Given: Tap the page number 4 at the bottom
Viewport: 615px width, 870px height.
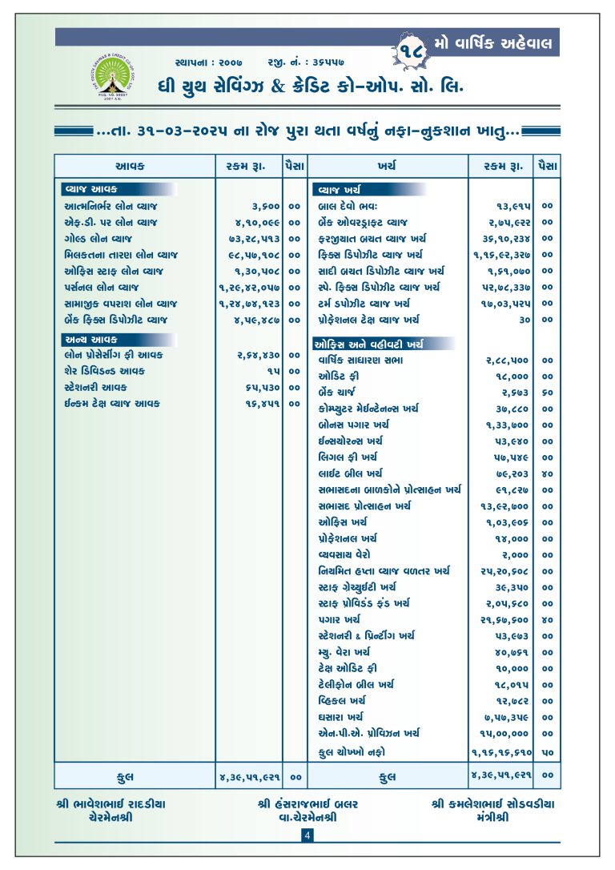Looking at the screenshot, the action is [307, 836].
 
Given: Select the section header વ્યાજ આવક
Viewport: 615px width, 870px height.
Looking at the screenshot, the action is [91, 190].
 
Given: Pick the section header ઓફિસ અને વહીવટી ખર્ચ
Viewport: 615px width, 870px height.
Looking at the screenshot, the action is [368, 344].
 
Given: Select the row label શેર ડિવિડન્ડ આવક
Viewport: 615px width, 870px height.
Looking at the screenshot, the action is [105, 372].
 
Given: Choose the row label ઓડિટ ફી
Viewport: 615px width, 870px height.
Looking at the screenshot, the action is [337, 377].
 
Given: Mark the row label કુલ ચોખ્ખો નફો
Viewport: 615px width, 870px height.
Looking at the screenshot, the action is [352, 751].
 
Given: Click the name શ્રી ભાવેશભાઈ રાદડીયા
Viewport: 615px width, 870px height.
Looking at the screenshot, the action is [112, 804].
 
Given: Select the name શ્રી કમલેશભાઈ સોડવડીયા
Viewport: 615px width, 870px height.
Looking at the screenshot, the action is [492, 804].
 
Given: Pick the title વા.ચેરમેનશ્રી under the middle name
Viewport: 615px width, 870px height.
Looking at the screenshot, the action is [307, 818].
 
